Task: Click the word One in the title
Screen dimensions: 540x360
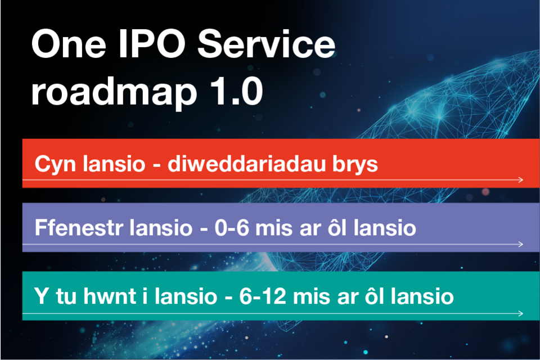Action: click(x=69, y=44)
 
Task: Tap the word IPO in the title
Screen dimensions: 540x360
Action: click(x=152, y=44)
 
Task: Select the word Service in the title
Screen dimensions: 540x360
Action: click(x=266, y=44)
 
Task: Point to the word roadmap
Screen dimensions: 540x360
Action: click(x=114, y=92)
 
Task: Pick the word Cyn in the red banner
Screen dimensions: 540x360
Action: click(x=55, y=165)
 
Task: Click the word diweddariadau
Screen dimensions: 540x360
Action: click(x=246, y=164)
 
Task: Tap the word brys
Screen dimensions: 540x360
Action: click(x=355, y=165)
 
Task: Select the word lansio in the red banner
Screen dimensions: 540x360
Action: click(x=114, y=164)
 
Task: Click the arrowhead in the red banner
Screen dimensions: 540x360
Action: click(x=521, y=179)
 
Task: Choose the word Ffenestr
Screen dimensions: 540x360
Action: click(x=79, y=228)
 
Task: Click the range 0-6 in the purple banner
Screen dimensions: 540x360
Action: click(x=232, y=228)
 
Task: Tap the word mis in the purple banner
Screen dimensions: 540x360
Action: click(x=274, y=228)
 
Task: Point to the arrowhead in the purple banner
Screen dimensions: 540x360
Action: click(x=521, y=244)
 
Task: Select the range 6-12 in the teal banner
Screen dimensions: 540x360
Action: click(x=263, y=296)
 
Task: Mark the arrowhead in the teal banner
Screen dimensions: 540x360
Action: click(x=521, y=313)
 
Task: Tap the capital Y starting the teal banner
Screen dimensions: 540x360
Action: click(x=41, y=296)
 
